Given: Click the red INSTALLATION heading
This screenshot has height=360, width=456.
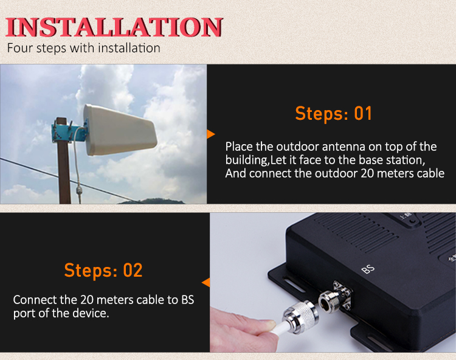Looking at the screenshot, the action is [x=114, y=27].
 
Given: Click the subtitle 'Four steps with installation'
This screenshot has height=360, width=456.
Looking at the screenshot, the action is [x=83, y=48].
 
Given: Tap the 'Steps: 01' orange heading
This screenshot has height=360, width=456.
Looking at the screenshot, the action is [x=334, y=113].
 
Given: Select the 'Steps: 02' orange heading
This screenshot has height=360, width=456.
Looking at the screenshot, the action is [x=103, y=271].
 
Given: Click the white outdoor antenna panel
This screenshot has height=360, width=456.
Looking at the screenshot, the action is [x=120, y=130].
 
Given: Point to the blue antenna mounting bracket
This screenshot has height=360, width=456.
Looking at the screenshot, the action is [x=68, y=133].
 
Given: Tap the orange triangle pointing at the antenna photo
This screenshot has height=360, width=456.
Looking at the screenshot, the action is [x=211, y=134].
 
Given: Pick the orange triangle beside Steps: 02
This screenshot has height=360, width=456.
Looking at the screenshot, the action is [x=206, y=282].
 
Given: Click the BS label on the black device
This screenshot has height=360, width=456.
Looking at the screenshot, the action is [x=368, y=269].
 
